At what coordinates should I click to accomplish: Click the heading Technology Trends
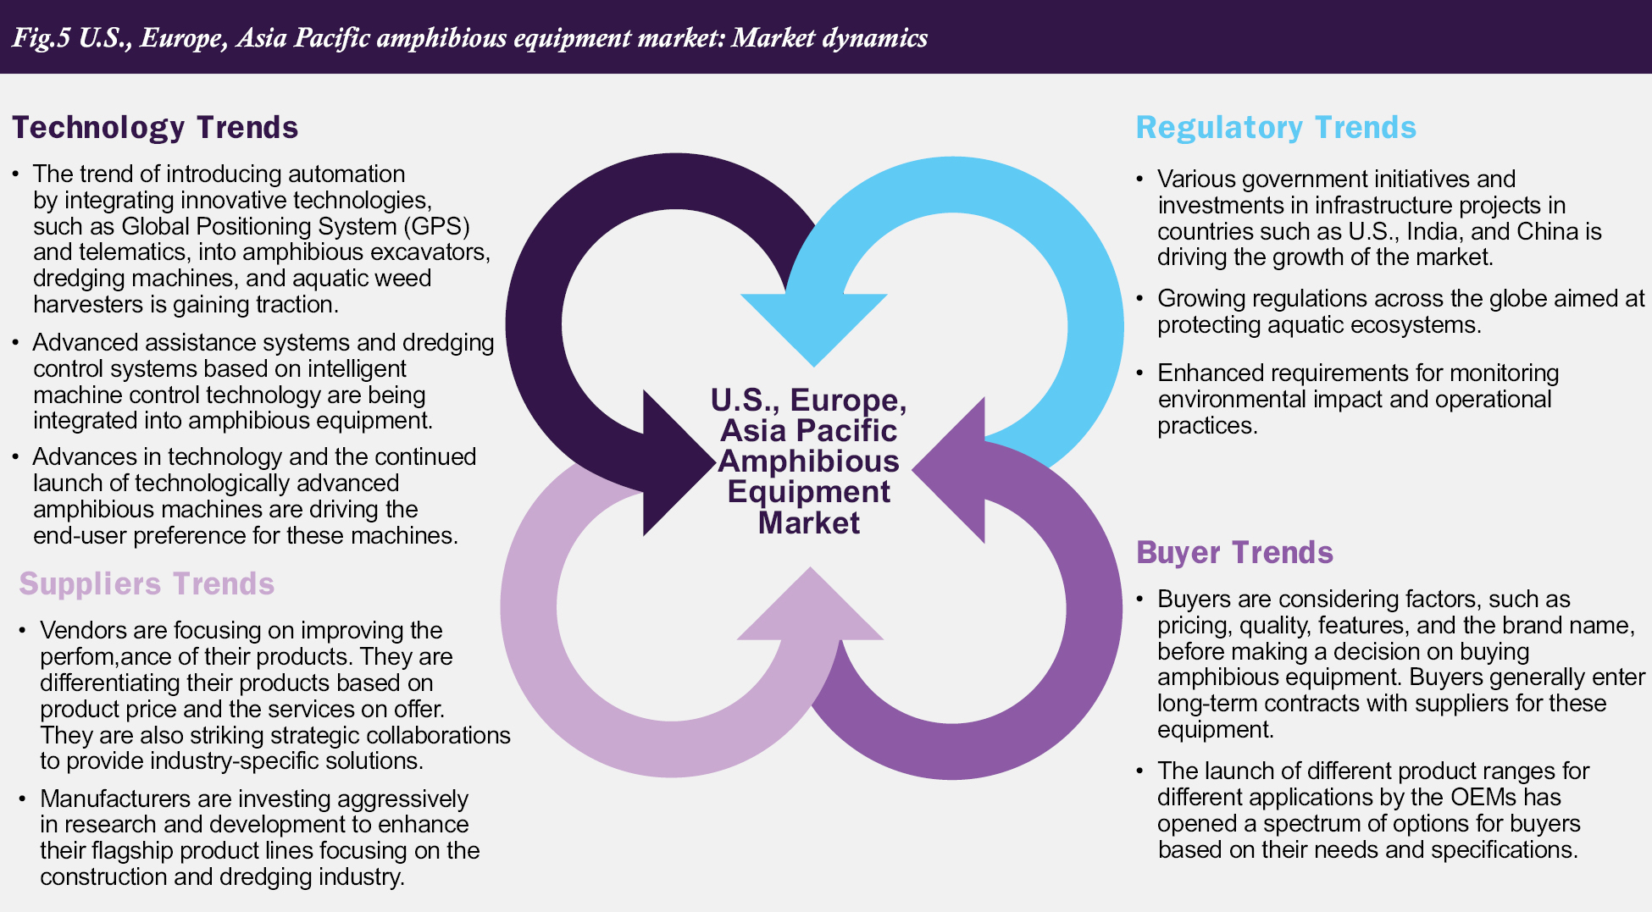point(155,128)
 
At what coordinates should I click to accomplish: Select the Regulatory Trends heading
point(1275,128)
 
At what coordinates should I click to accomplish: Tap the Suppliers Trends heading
point(147,584)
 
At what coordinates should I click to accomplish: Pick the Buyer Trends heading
point(1234,553)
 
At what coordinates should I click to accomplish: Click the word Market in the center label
point(808,522)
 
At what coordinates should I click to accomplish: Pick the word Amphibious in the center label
point(808,462)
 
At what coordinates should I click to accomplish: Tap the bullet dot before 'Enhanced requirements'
point(1140,373)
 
